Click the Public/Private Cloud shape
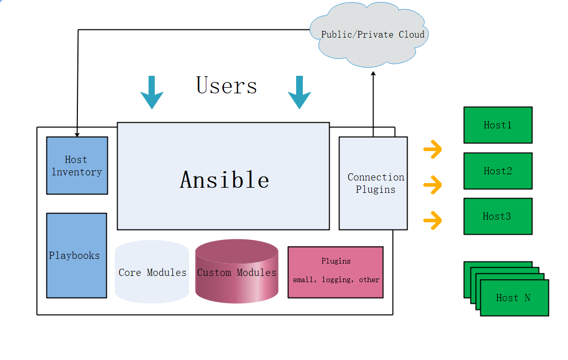click(372, 35)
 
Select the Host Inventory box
click(77, 166)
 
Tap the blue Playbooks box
click(76, 255)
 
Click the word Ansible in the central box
click(224, 179)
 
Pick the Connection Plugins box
click(374, 183)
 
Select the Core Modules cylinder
click(152, 272)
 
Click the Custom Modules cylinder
click(237, 272)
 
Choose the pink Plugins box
click(335, 272)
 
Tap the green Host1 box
click(497, 125)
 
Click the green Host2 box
click(497, 171)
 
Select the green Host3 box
click(497, 216)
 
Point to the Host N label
click(513, 298)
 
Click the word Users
click(226, 86)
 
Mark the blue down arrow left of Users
click(152, 93)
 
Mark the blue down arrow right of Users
click(299, 93)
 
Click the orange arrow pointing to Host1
click(433, 150)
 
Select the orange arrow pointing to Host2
click(433, 184)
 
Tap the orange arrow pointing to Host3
click(433, 221)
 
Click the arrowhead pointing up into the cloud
click(373, 74)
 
